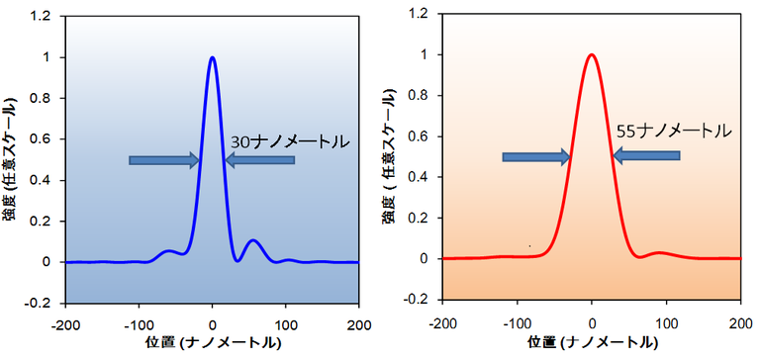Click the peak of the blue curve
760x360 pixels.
pyautogui.click(x=212, y=57)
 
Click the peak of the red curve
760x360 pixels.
pyautogui.click(x=592, y=55)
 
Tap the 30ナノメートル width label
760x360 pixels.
pyautogui.click(x=290, y=141)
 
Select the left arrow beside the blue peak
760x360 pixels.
pyautogui.click(x=164, y=160)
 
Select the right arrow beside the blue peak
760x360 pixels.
pyautogui.click(x=259, y=160)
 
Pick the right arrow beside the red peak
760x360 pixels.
pyautogui.click(x=646, y=155)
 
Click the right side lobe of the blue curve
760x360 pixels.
pyautogui.click(x=253, y=240)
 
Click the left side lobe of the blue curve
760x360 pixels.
pyautogui.click(x=170, y=251)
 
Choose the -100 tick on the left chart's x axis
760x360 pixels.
pyautogui.click(x=139, y=322)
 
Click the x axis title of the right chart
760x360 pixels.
pyautogui.click(x=591, y=342)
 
